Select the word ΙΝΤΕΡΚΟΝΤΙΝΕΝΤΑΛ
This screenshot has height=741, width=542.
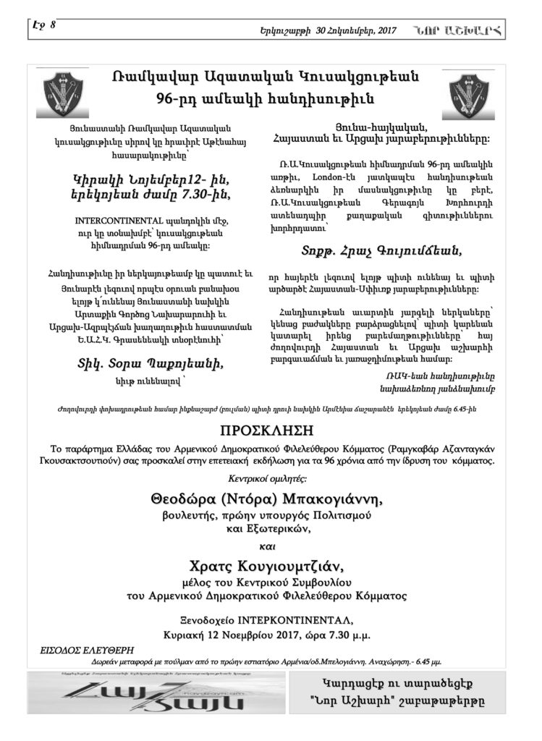pyautogui.click(x=318, y=620)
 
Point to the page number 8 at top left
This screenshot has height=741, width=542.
pyautogui.click(x=53, y=25)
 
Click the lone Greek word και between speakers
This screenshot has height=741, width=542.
pyautogui.click(x=271, y=537)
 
